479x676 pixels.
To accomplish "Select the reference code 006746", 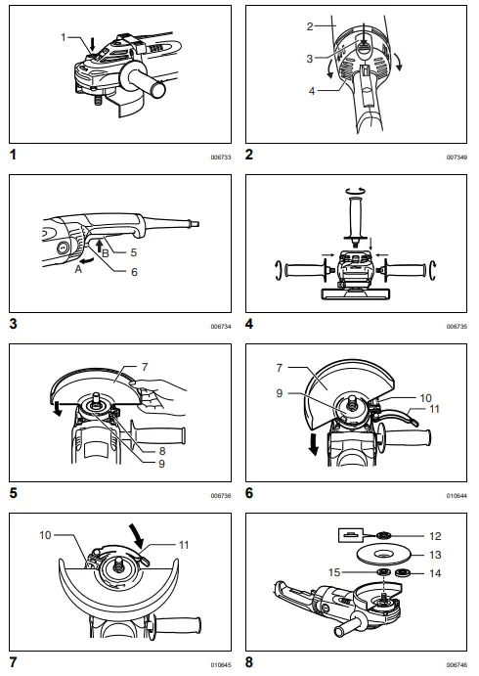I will click(x=457, y=663).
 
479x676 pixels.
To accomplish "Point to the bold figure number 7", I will click(x=13, y=661).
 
